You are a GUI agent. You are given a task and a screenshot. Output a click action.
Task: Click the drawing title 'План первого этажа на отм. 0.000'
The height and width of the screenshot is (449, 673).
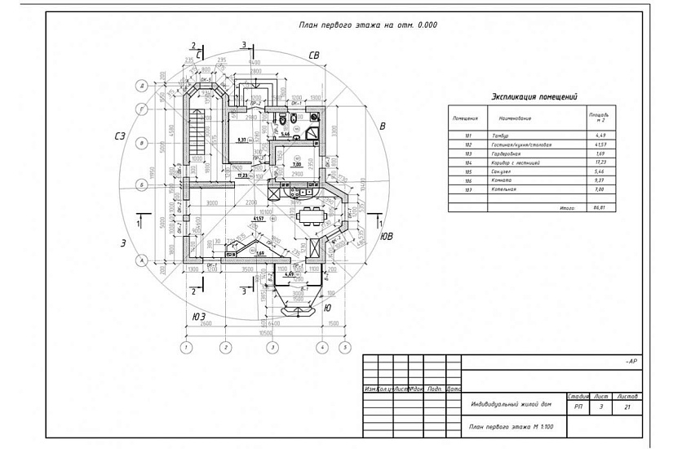(369, 25)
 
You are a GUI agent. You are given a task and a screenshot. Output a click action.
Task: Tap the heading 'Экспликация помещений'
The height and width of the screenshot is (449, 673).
(534, 96)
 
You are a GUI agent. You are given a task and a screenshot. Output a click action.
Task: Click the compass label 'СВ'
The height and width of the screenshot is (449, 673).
(312, 55)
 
